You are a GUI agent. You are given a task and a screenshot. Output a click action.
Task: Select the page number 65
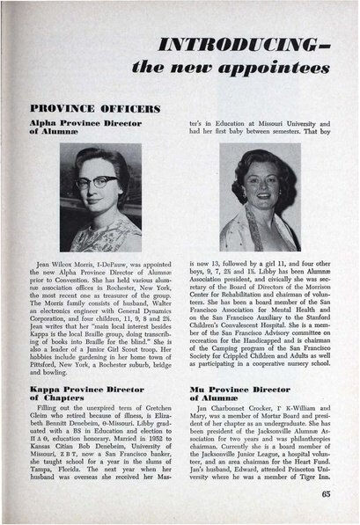point(325,494)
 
